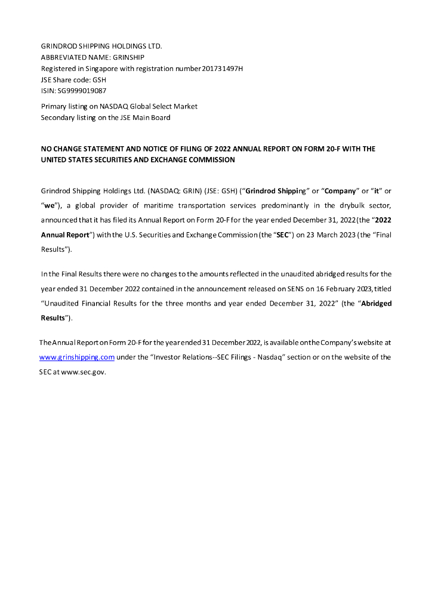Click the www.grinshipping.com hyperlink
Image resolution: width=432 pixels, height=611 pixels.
pyautogui.click(x=76, y=357)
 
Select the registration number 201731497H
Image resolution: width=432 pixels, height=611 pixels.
pyautogui.click(x=223, y=69)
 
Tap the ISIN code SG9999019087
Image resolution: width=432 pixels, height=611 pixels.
pyautogui.click(x=81, y=91)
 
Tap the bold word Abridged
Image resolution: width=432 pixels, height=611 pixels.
pyautogui.click(x=377, y=303)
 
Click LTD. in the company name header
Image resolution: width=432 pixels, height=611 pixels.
pyautogui.click(x=153, y=46)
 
